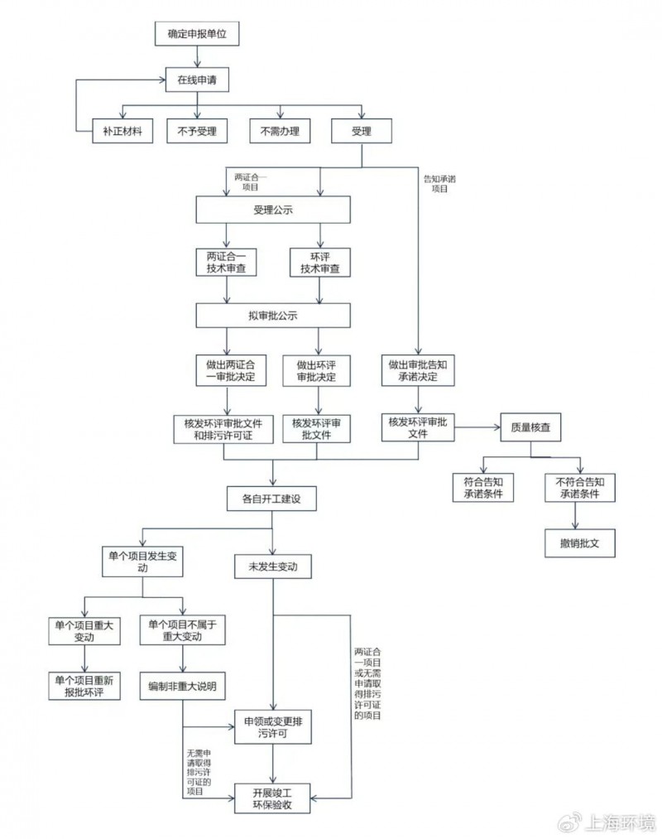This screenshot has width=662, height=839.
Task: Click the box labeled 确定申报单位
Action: click(197, 36)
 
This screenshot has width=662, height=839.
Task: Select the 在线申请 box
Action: click(197, 81)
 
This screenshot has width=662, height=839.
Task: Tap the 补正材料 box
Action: click(122, 132)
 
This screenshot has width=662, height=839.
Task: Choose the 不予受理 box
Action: click(197, 132)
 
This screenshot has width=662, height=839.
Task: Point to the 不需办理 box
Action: click(279, 132)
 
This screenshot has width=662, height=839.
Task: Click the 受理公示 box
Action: click(273, 210)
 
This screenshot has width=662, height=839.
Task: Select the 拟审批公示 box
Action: click(273, 316)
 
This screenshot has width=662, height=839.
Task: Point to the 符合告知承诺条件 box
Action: click(483, 487)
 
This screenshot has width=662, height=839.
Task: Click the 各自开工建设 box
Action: click(273, 499)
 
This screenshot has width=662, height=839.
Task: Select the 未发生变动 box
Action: click(273, 567)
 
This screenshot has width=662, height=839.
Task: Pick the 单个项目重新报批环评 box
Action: click(84, 685)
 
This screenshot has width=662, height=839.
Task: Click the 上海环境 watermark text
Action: click(620, 822)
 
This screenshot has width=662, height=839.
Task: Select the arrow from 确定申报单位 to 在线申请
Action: click(197, 57)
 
